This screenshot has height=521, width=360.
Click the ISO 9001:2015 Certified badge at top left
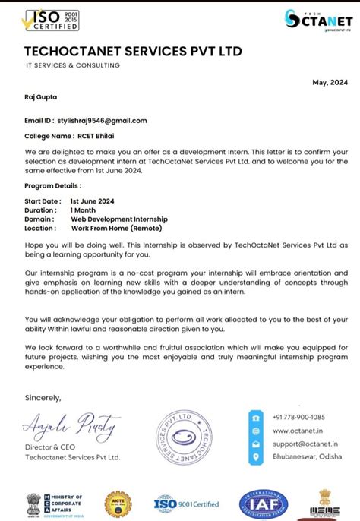52,20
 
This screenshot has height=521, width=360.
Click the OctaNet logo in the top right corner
318,21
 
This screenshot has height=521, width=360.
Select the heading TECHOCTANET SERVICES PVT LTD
133,52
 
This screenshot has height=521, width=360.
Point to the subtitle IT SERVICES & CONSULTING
72,65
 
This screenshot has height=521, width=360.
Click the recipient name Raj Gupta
41,97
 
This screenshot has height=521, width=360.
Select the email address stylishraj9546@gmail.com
102,120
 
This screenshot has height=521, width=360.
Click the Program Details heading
52,185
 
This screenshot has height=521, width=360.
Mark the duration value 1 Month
84,210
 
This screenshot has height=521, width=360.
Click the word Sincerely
43,397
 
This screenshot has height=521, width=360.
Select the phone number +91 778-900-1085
298,417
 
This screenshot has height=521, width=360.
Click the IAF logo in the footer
264,503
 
